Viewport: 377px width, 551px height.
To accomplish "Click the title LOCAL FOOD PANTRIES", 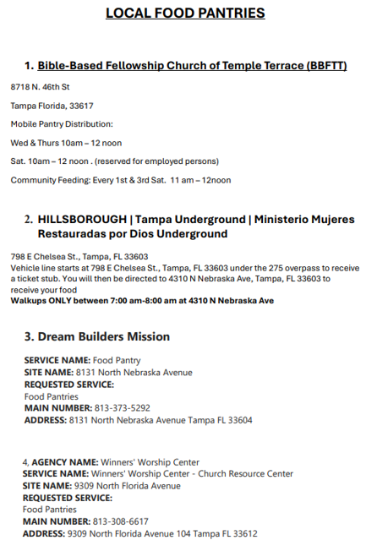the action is pos(185,14).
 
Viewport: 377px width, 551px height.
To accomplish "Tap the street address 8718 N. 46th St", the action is pos(40,87).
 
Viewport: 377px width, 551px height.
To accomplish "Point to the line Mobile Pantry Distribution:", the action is pos(62,124).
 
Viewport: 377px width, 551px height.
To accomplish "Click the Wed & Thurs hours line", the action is pos(66,143).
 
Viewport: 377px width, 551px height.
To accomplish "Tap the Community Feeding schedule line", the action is pos(120,180).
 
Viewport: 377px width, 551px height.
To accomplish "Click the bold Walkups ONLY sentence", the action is pos(142,301).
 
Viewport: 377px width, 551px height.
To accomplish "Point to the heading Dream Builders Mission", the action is pos(104,336).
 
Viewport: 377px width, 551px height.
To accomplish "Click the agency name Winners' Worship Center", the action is pos(150,462).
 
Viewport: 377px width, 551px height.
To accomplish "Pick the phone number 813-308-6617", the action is pos(122,521).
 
